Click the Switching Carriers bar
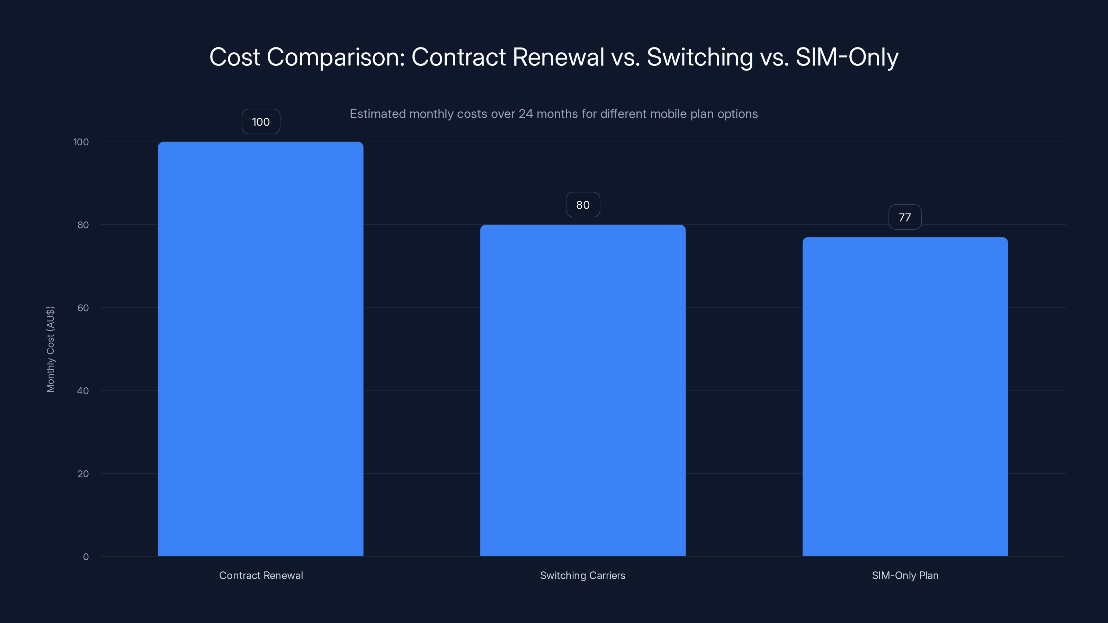[583, 390]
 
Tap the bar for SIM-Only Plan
[905, 396]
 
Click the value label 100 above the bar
[261, 122]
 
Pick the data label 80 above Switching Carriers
[583, 205]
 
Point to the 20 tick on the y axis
[83, 474]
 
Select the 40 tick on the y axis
[83, 391]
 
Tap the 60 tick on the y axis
[83, 308]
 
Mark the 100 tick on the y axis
[81, 142]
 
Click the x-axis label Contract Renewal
[261, 575]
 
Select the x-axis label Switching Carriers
[583, 575]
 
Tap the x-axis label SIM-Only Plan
[905, 575]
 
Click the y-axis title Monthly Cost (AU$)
[50, 349]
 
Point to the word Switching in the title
[699, 57]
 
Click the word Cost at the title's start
[234, 57]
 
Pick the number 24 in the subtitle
[526, 114]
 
